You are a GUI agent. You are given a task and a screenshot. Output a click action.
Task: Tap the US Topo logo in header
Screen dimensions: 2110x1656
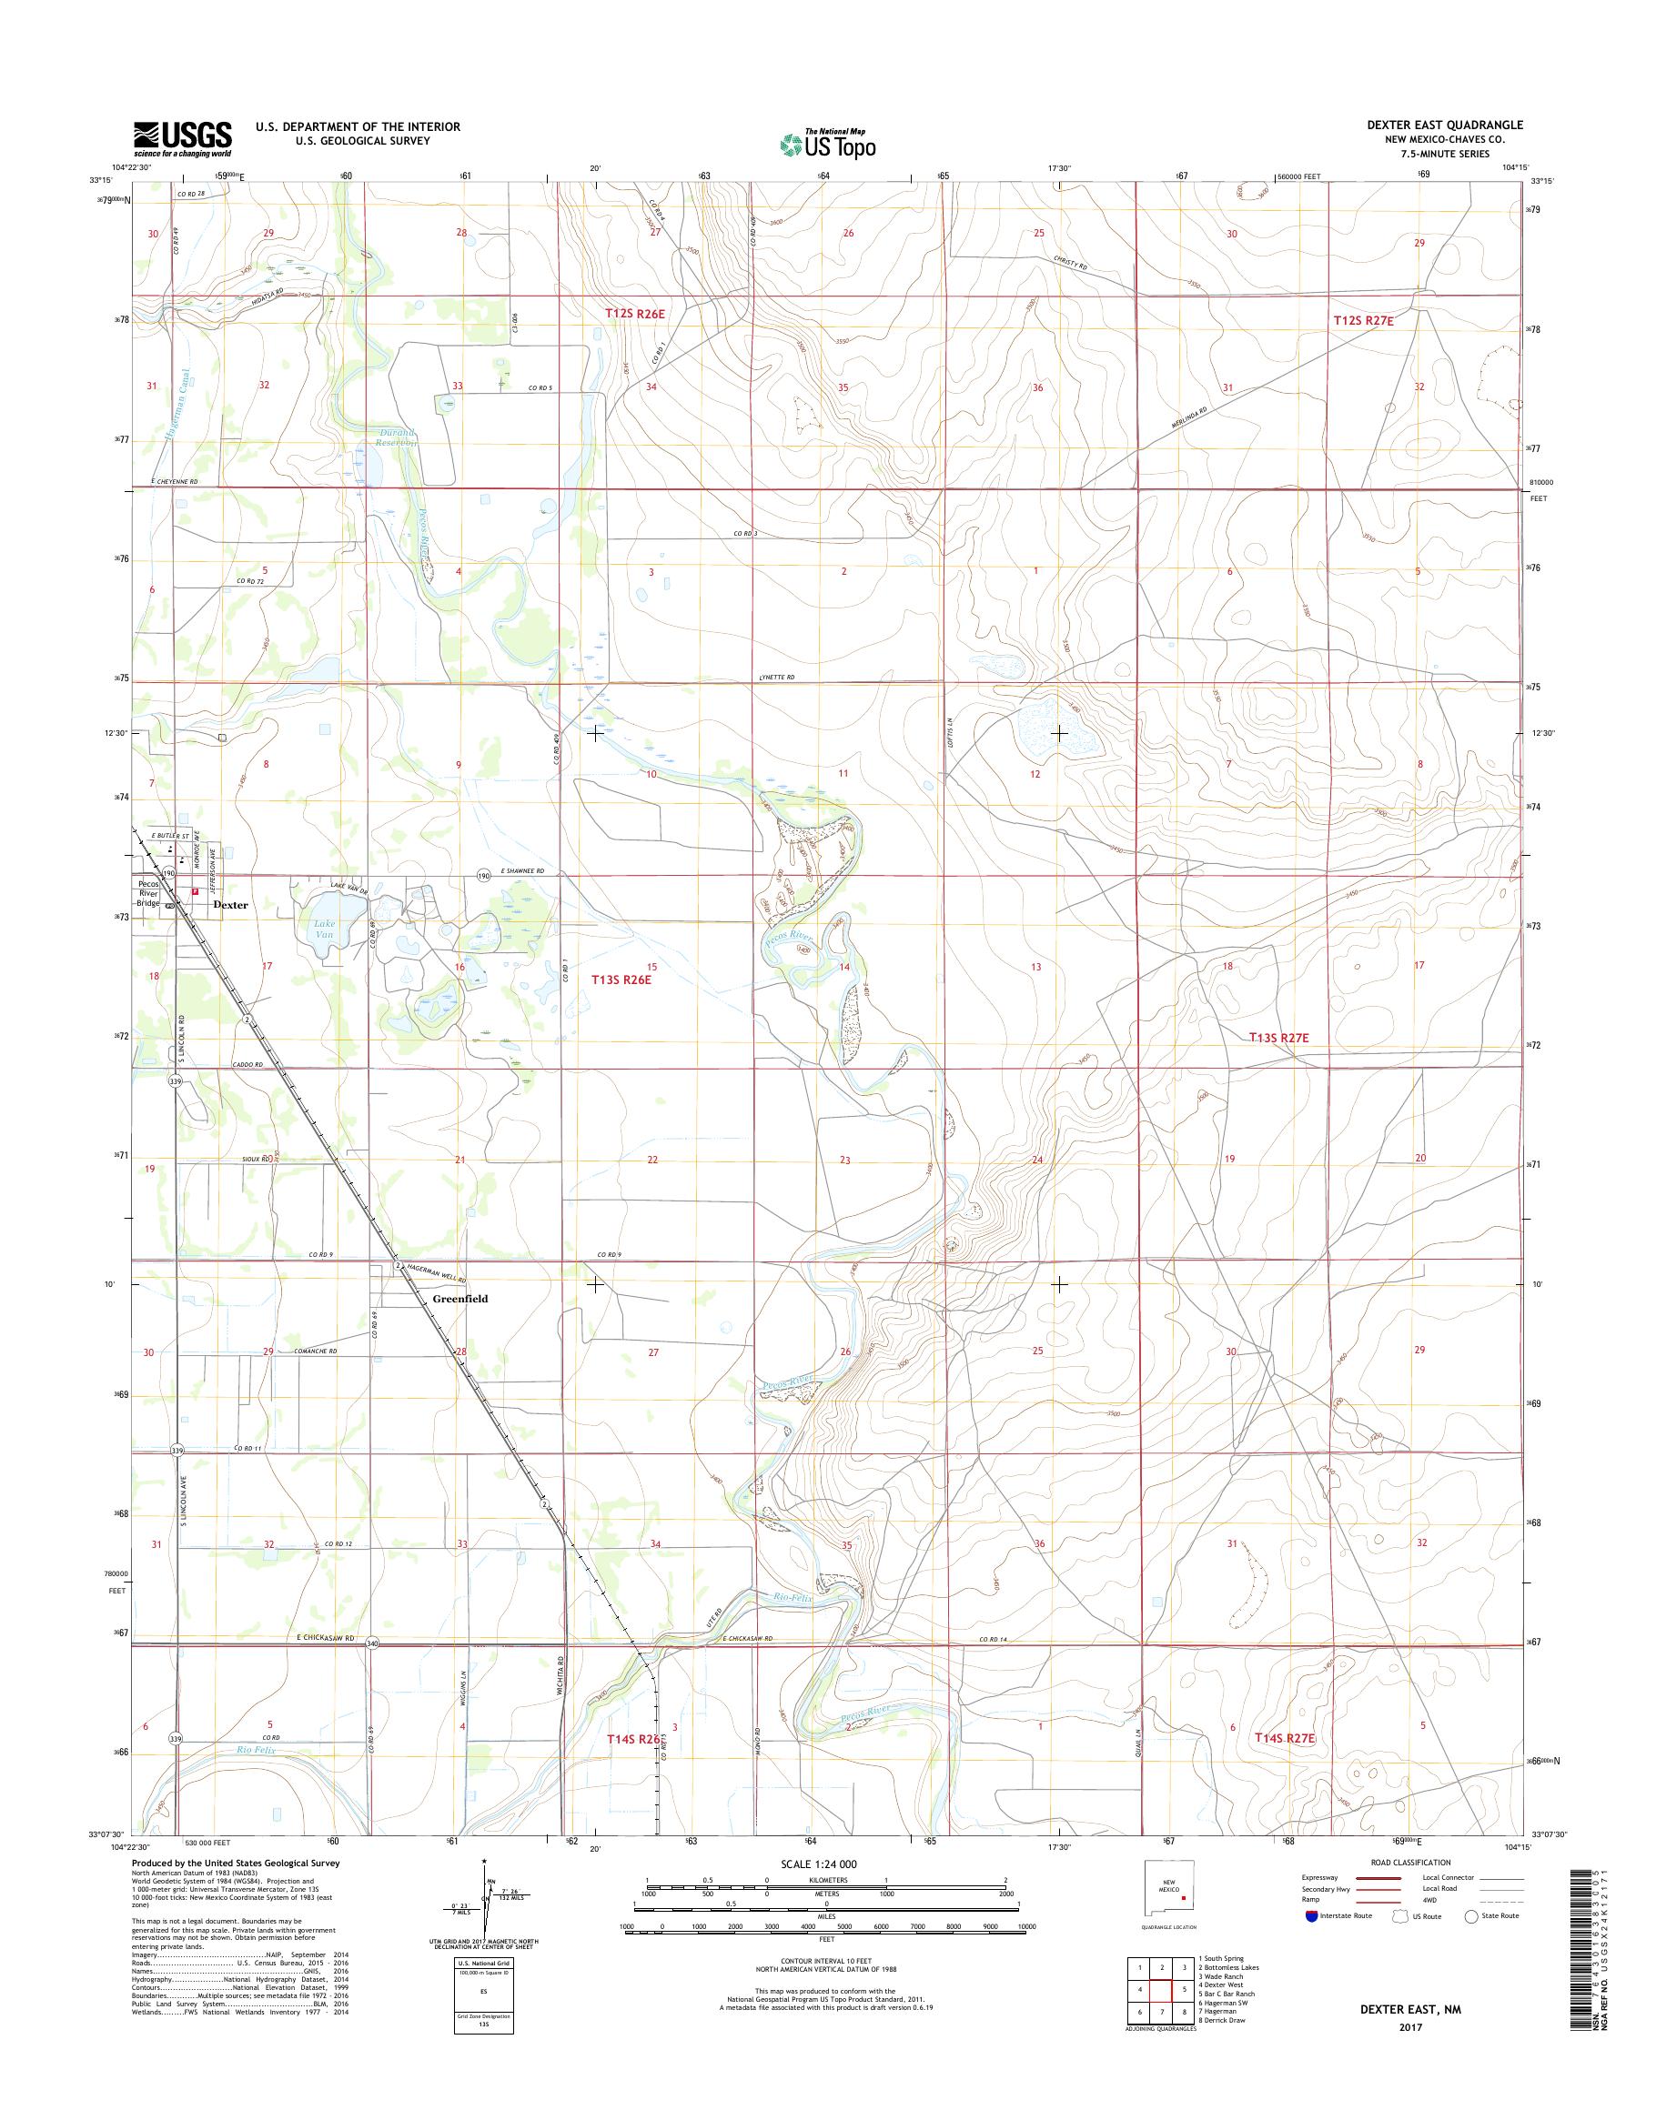(828, 144)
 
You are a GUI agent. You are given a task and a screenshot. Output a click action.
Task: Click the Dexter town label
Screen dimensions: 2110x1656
(231, 904)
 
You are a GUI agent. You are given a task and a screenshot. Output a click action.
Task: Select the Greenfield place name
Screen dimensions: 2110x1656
(459, 1298)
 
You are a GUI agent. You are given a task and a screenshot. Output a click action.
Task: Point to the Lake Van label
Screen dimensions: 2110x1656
(324, 929)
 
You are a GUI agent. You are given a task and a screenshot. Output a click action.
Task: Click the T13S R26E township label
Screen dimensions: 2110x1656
(621, 980)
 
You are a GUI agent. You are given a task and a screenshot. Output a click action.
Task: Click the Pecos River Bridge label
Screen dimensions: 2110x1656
(151, 894)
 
